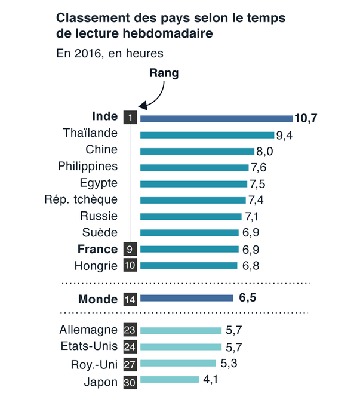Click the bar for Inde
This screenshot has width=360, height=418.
pos(216,118)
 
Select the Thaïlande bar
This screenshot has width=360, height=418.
pos(207,135)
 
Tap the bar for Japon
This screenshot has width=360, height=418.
pos(170,379)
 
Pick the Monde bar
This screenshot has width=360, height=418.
pos(186,298)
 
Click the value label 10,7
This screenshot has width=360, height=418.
pos(305,118)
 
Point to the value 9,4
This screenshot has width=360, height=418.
pos(284,136)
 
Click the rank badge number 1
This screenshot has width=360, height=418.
pos(130,118)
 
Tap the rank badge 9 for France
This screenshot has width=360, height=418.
pos(130,249)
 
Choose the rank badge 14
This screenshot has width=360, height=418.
pos(130,300)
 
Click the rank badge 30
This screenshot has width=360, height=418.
pos(130,383)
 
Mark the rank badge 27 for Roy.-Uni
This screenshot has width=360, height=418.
pos(130,365)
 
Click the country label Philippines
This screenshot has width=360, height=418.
pos(88,166)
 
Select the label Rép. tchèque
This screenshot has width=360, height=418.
pos(81,199)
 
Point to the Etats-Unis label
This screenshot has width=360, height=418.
pos(89,346)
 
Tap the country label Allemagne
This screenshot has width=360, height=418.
pos(89,330)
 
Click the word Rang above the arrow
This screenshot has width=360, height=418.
pos(163,73)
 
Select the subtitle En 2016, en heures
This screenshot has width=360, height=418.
pos(109,53)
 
